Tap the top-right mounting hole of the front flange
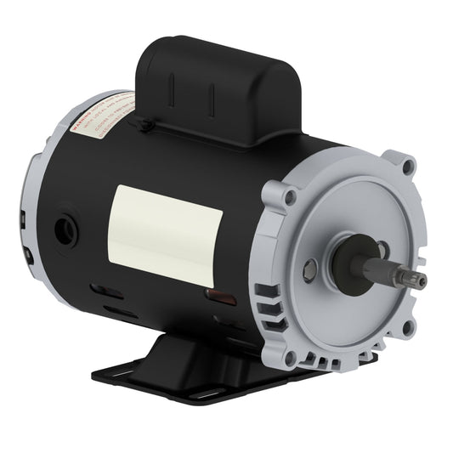coord(407,168)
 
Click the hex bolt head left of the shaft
coord(310,272)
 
